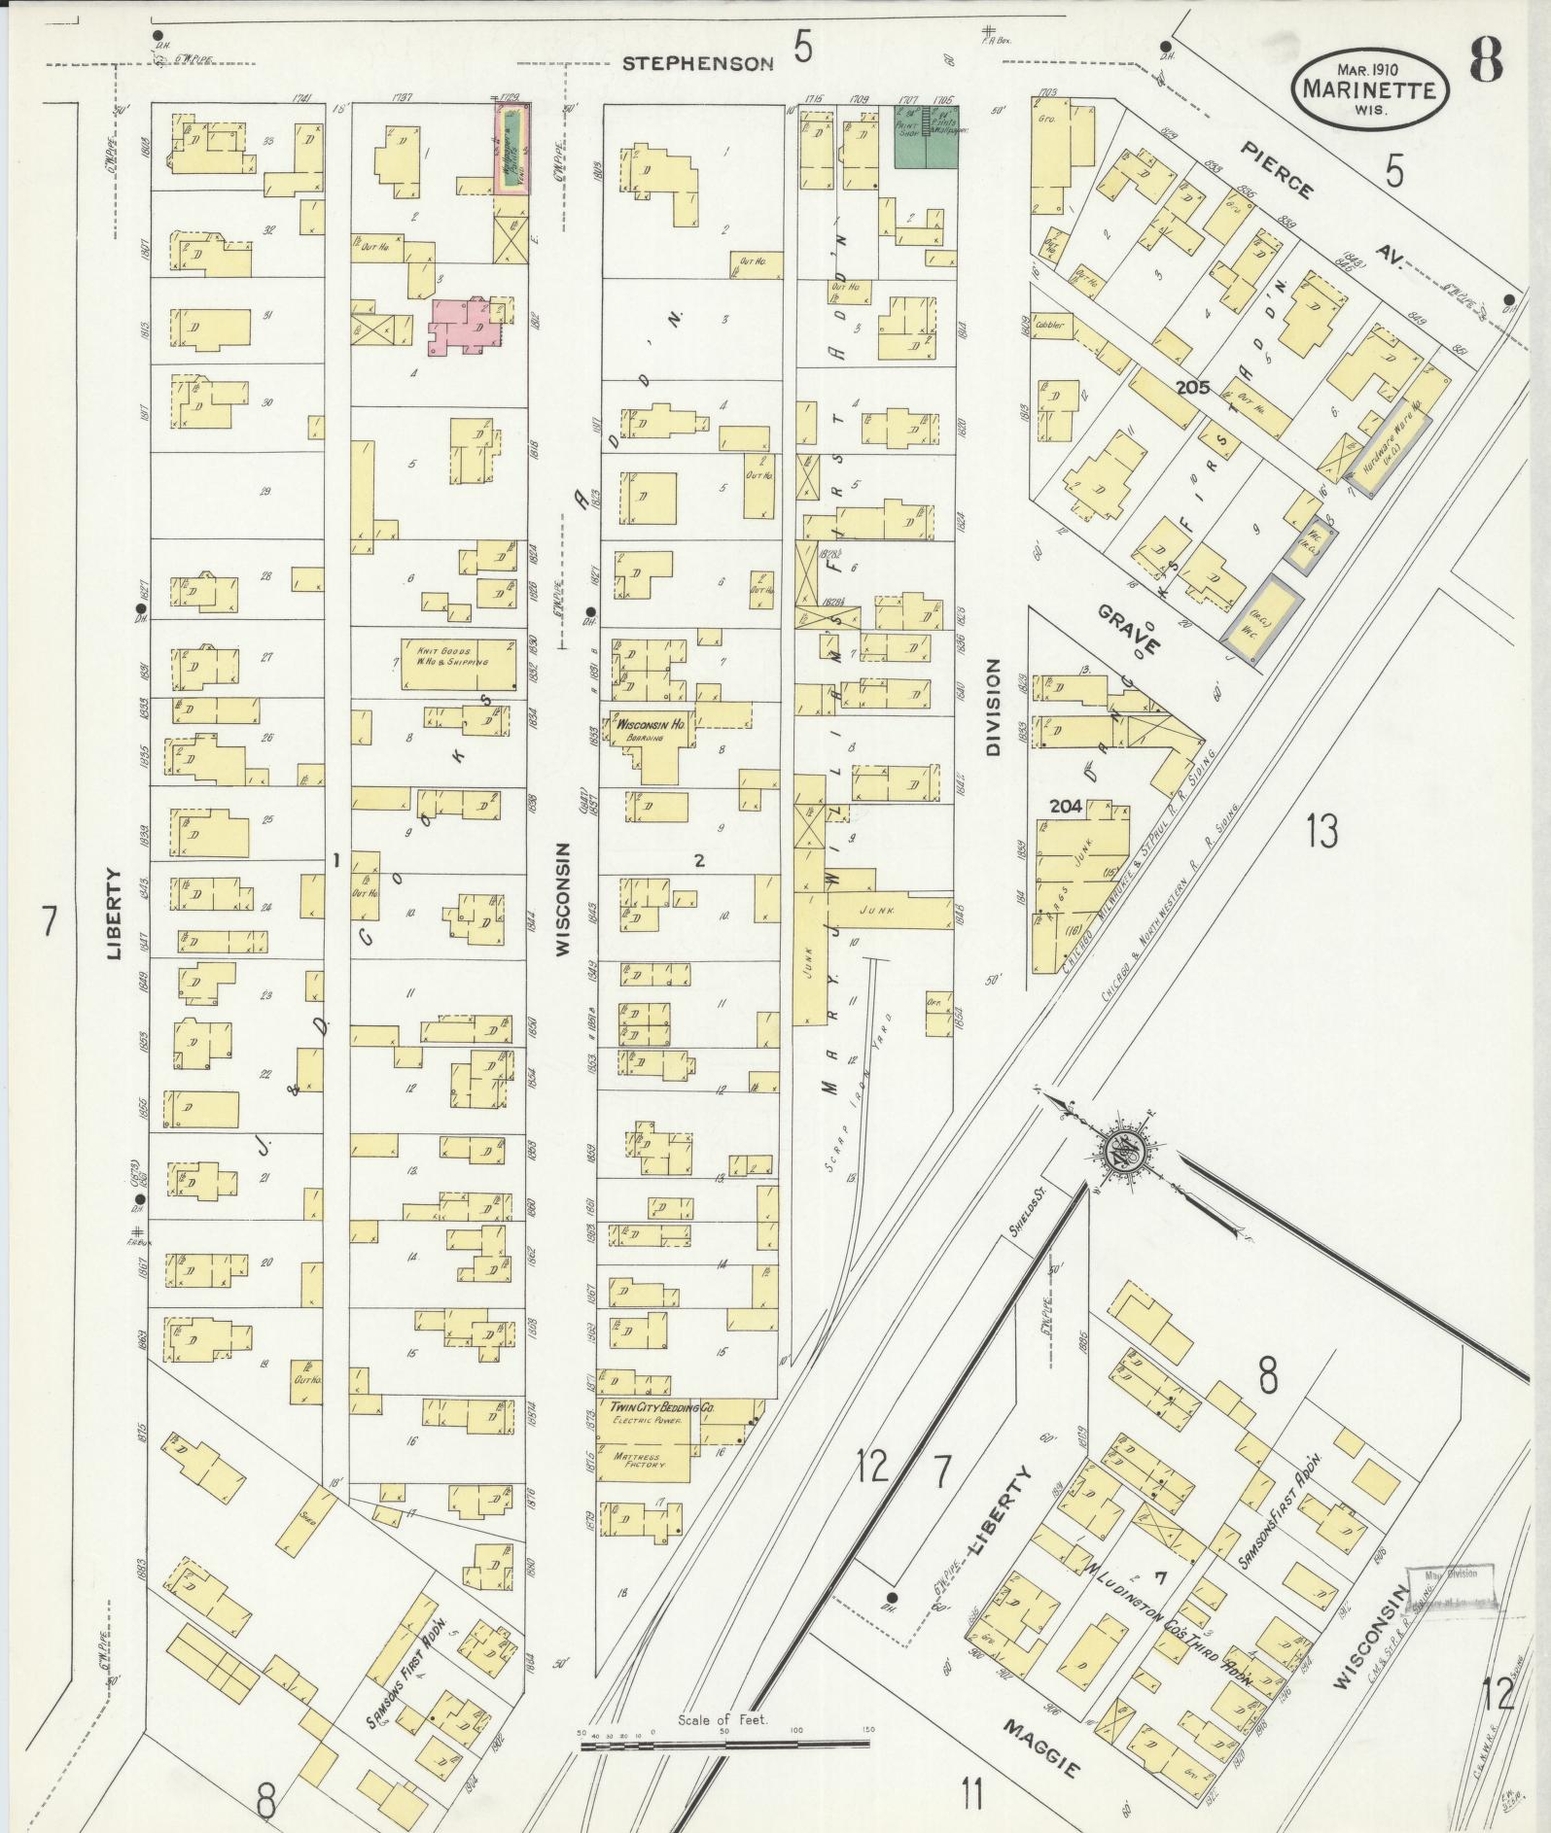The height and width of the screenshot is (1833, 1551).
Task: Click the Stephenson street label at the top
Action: (x=697, y=63)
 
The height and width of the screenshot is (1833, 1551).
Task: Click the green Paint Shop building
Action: (x=925, y=135)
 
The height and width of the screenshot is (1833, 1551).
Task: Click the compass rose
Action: (x=1125, y=1154)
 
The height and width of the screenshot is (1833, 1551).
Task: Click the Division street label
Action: (x=993, y=707)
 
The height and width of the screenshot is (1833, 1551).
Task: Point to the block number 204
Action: (x=1066, y=806)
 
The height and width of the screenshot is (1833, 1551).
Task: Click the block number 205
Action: (x=1191, y=387)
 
